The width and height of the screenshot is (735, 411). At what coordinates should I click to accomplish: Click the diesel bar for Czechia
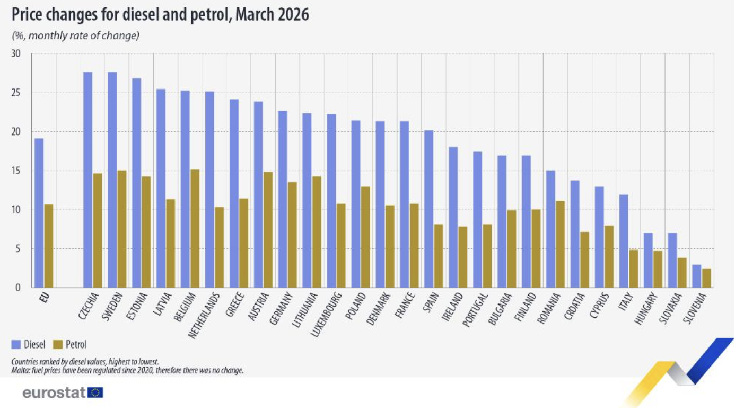[87, 180]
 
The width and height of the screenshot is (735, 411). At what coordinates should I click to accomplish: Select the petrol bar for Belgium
[195, 228]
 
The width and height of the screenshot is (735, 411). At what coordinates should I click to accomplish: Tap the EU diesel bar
[39, 213]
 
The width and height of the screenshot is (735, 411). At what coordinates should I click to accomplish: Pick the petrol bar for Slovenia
[706, 278]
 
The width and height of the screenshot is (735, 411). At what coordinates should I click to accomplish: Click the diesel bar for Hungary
[648, 260]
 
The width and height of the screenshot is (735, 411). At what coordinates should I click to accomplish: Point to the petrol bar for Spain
[439, 256]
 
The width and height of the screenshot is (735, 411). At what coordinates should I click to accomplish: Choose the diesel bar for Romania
[550, 229]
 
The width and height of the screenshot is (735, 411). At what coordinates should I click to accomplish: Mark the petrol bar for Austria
[268, 229]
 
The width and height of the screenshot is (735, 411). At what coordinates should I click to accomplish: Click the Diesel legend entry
[29, 344]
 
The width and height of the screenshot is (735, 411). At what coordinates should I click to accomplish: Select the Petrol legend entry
[70, 344]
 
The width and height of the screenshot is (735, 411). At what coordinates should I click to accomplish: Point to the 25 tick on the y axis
[16, 93]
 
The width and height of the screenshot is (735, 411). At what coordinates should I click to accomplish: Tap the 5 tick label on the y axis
[17, 249]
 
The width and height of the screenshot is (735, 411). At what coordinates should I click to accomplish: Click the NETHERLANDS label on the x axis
[203, 315]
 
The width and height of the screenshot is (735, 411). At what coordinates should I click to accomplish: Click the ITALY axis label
[626, 301]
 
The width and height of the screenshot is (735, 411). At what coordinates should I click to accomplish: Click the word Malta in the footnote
[19, 370]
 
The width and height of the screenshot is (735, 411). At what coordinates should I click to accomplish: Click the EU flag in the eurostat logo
[95, 392]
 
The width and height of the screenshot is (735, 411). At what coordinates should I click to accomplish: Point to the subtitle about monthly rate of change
[75, 35]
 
